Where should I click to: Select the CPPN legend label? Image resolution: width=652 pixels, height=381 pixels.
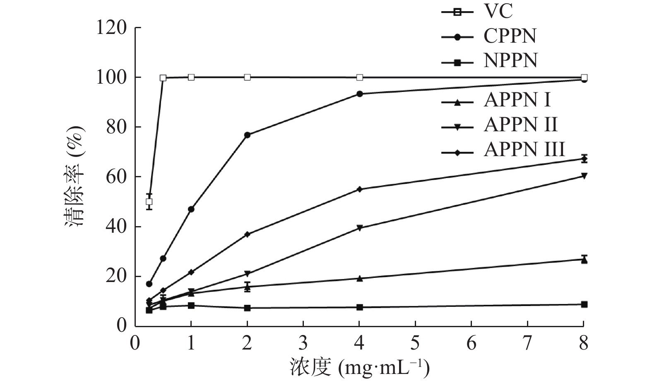[x=510, y=36]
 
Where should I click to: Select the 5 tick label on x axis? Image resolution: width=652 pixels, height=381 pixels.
[x=415, y=343]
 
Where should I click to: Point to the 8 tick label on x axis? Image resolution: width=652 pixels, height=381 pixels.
[x=584, y=343]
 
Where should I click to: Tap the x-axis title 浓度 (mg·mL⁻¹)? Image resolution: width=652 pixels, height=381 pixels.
[x=358, y=367]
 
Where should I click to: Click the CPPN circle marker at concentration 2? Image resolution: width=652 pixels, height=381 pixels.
[x=247, y=135]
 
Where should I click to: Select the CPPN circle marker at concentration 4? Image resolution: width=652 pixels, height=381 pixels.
[x=359, y=94]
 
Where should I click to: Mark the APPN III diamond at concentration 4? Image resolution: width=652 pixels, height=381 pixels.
[x=359, y=189]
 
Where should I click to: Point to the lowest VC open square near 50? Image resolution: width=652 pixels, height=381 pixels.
[x=149, y=202]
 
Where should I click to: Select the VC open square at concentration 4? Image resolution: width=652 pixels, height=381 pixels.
[x=359, y=77]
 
